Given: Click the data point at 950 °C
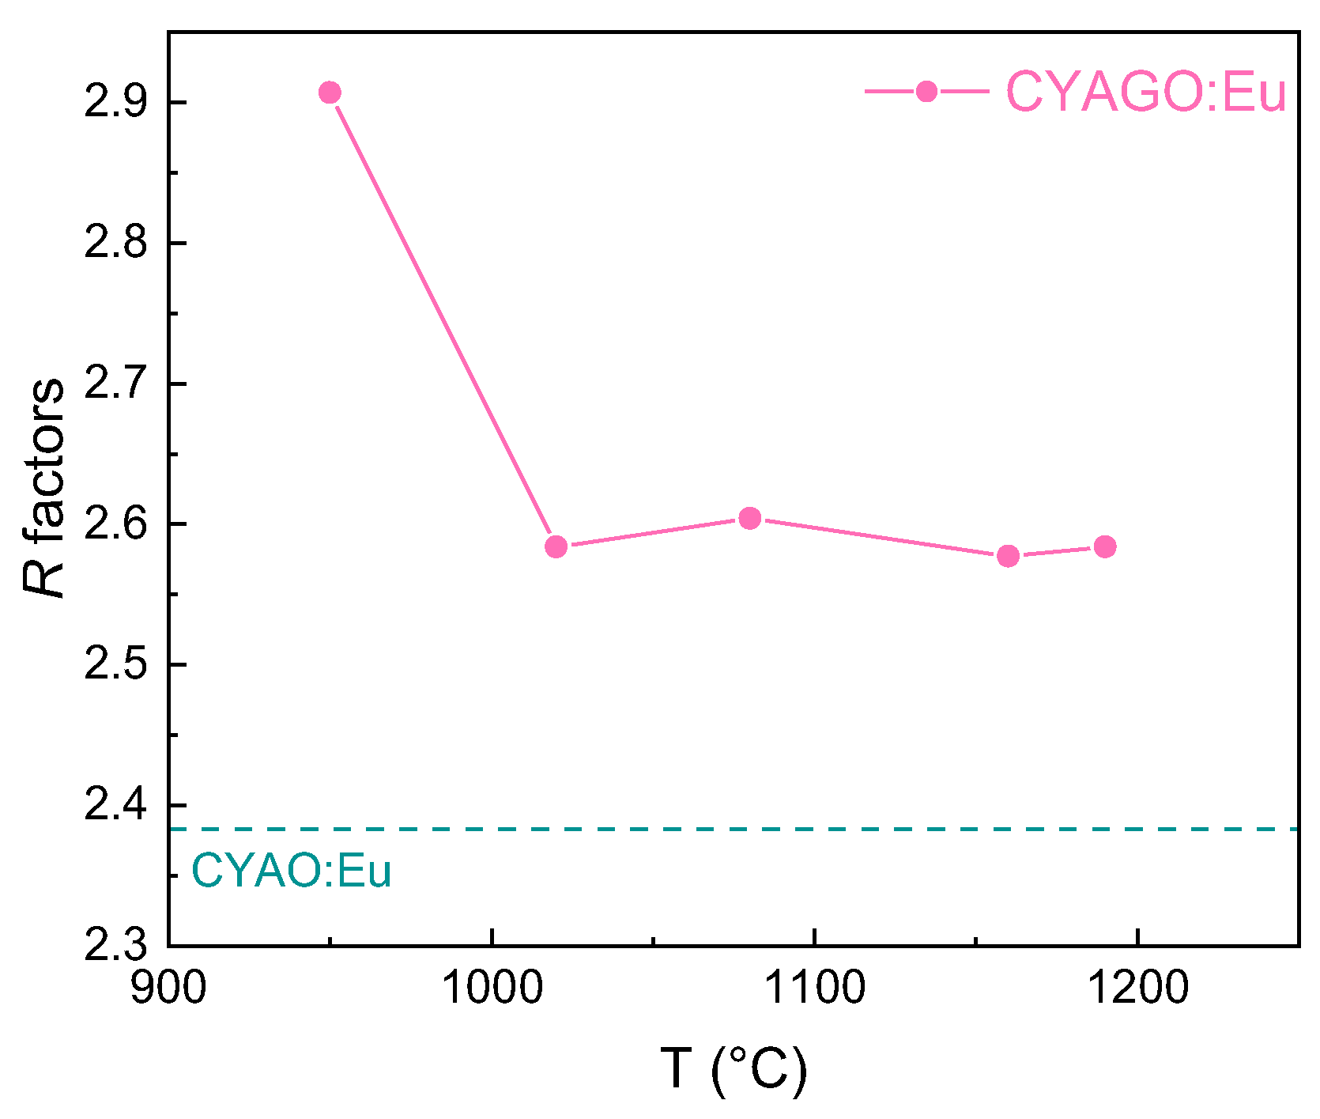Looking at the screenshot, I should pyautogui.click(x=330, y=93).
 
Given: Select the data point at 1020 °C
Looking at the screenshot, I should pyautogui.click(x=556, y=546).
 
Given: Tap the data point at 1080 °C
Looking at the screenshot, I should pyautogui.click(x=750, y=518).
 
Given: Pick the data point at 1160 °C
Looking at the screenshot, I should pyautogui.click(x=1008, y=556).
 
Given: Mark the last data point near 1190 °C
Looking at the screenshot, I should pyautogui.click(x=1105, y=546).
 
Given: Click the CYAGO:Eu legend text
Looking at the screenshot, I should pyautogui.click(x=1146, y=92).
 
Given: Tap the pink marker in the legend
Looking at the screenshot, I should pyautogui.click(x=926, y=92).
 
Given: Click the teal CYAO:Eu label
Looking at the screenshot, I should pyautogui.click(x=292, y=871).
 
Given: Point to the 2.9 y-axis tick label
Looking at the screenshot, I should pyautogui.click(x=115, y=103).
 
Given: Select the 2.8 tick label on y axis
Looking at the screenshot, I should pyautogui.click(x=115, y=243).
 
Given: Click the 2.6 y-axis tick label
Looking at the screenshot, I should pyautogui.click(x=115, y=524).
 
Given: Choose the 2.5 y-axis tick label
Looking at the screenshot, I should pyautogui.click(x=115, y=665).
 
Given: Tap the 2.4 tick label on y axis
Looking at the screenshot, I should pyautogui.click(x=115, y=805).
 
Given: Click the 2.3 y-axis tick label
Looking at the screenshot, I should pyautogui.click(x=115, y=945).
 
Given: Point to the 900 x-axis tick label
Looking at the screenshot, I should pyautogui.click(x=168, y=988).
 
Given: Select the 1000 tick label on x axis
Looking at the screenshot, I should pyautogui.click(x=492, y=988).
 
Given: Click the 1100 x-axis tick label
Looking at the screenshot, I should pyautogui.click(x=814, y=988).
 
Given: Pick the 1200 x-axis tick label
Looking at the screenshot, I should pyautogui.click(x=1137, y=988).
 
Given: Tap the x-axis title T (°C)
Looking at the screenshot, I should pyautogui.click(x=734, y=1069).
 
